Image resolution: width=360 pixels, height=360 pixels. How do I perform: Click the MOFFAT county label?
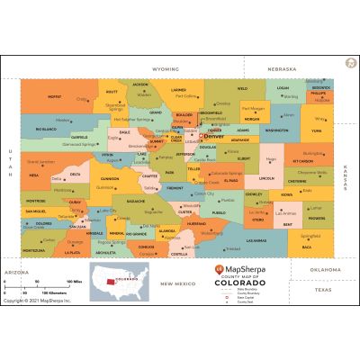tap(55, 96)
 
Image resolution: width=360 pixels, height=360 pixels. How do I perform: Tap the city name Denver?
tap(214, 136)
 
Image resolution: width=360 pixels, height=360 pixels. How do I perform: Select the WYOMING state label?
tap(166, 68)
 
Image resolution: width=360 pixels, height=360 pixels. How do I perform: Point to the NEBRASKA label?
tap(282, 68)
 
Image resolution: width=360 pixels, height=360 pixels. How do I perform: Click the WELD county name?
tap(242, 89)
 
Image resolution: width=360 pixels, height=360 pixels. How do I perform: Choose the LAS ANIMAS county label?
tap(256, 240)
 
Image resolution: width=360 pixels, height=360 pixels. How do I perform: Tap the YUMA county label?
tap(316, 130)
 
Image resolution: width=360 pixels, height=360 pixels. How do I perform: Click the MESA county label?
tap(34, 175)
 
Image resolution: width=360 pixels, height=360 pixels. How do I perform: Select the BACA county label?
tap(306, 247)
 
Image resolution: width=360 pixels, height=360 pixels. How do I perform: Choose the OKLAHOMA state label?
tap(313, 268)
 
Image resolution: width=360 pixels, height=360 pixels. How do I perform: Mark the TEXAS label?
tap(322, 290)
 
